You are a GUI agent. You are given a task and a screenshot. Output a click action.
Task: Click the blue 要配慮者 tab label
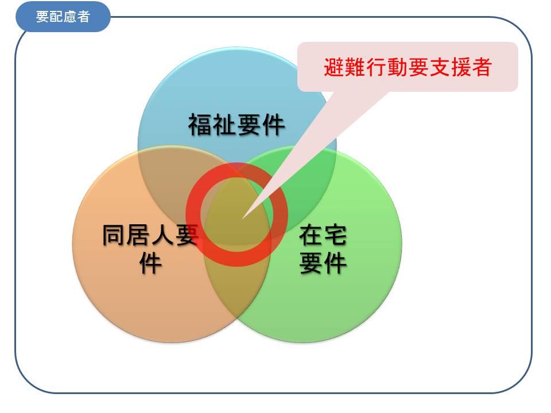pyautogui.click(x=63, y=17)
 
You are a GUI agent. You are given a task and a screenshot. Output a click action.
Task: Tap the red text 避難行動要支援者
pyautogui.click(x=408, y=67)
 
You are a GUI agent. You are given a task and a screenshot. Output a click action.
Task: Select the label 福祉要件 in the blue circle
pyautogui.click(x=236, y=124)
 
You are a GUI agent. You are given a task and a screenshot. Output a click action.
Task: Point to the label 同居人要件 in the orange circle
pyautogui.click(x=150, y=248)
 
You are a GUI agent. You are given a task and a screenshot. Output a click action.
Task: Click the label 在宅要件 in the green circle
pyautogui.click(x=323, y=248)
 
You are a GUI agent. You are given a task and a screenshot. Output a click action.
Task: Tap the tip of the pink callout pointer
pyautogui.click(x=242, y=219)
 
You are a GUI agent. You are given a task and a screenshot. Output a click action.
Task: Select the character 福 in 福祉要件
pyautogui.click(x=200, y=125)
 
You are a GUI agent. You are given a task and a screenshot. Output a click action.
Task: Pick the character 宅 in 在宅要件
pyautogui.click(x=335, y=235)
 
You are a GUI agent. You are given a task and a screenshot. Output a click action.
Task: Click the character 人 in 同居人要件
pyautogui.click(x=162, y=235)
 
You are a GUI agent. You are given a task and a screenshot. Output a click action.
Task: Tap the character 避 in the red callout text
pyautogui.click(x=334, y=67)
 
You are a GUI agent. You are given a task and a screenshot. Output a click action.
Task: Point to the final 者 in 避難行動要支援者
pyautogui.click(x=481, y=67)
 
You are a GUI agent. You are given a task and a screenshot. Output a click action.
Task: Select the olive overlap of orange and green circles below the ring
pyautogui.click(x=236, y=288)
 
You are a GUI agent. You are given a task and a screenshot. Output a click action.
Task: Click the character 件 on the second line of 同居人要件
pyautogui.click(x=150, y=263)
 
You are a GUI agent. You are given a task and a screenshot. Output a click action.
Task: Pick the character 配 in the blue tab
pyautogui.click(x=56, y=17)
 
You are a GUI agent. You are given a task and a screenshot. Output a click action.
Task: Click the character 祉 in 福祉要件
pyautogui.click(x=224, y=125)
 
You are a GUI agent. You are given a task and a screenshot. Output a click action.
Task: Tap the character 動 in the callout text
pyautogui.click(x=397, y=67)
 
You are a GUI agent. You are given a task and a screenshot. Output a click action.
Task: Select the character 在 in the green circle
pyautogui.click(x=311, y=235)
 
